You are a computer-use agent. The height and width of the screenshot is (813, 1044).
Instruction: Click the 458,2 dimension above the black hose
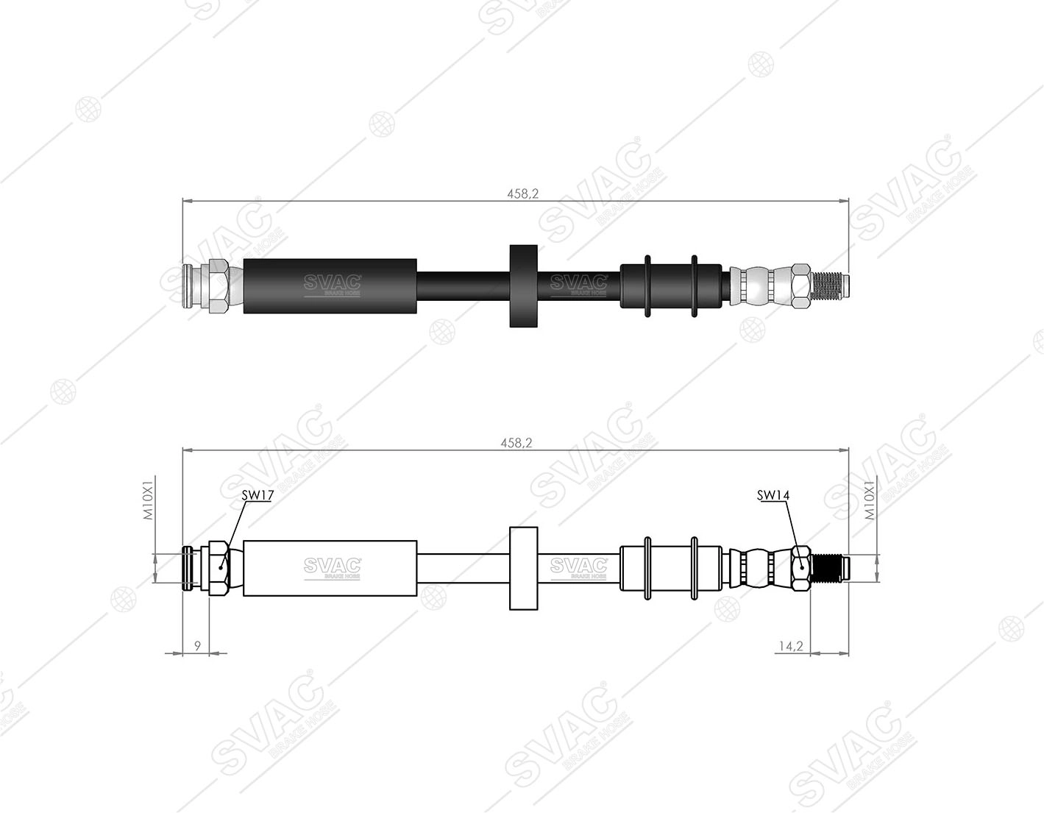click(523, 193)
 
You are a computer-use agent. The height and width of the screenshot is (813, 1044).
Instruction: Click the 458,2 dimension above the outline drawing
click(516, 443)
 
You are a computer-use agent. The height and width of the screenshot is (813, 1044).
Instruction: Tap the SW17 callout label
click(258, 495)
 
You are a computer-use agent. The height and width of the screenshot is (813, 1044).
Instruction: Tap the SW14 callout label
click(773, 495)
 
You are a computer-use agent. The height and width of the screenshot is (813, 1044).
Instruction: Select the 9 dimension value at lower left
click(197, 646)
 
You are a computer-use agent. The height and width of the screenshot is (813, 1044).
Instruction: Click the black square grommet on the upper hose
click(523, 286)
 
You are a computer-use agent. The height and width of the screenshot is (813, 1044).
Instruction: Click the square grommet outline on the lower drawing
click(523, 569)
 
